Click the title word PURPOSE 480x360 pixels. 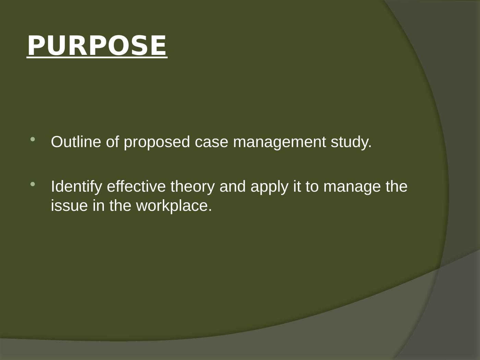click(97, 46)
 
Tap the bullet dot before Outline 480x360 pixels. click(33, 139)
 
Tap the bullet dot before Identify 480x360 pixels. click(33, 184)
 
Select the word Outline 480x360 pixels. click(76, 142)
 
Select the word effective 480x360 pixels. click(136, 186)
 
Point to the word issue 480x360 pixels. click(69, 206)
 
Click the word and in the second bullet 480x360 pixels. click(232, 186)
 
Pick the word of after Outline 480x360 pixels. click(112, 142)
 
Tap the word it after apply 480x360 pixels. click(297, 186)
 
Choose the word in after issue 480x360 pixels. click(98, 206)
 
